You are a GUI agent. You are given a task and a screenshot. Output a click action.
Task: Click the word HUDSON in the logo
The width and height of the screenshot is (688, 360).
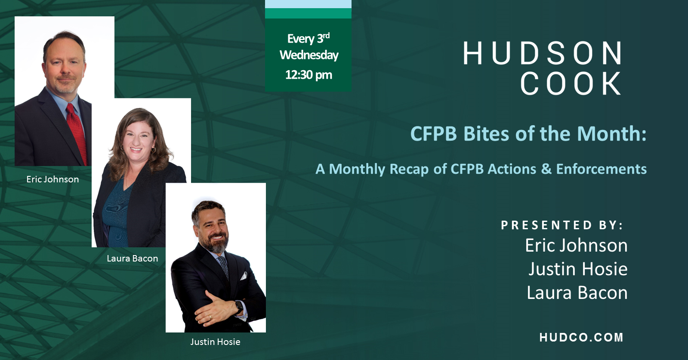click(542, 53)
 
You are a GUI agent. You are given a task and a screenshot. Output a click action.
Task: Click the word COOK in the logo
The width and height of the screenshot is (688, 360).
click(570, 83)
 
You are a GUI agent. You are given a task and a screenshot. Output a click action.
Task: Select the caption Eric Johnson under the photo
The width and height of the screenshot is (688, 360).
click(52, 179)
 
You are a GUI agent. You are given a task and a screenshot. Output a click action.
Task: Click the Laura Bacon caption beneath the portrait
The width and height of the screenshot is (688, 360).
click(132, 258)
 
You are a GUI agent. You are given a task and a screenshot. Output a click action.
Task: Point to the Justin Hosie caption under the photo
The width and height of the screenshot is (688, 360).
click(215, 342)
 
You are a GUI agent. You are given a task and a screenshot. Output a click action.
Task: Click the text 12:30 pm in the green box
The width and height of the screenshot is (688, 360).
click(309, 75)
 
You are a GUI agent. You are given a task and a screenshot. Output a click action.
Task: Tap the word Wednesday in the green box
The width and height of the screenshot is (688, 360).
click(309, 55)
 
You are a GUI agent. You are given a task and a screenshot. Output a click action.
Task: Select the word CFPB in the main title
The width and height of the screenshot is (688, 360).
click(433, 134)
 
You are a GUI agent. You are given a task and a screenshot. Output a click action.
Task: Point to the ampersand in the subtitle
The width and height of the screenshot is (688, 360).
click(546, 169)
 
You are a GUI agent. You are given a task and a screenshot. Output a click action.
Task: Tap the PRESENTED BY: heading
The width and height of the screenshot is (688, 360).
click(562, 225)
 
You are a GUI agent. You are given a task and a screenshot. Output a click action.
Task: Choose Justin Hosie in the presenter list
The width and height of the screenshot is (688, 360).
click(578, 269)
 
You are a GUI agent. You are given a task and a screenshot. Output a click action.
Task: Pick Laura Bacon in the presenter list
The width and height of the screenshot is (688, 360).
click(577, 293)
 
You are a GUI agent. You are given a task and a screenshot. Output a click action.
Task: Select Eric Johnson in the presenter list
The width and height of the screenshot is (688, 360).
click(576, 246)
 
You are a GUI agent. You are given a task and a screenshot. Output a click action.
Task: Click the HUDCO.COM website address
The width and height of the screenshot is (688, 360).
click(581, 337)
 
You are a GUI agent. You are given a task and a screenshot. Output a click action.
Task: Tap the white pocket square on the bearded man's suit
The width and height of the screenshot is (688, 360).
click(243, 276)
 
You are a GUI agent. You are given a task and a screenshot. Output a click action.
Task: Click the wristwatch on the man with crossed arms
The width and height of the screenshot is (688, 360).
click(238, 307)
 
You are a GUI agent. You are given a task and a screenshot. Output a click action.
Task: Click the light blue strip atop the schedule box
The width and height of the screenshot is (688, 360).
click(308, 4)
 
